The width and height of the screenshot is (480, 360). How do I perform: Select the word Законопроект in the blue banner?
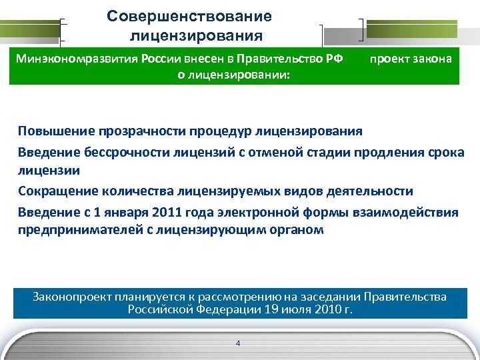74,297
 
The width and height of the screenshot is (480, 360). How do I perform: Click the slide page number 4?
238,343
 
